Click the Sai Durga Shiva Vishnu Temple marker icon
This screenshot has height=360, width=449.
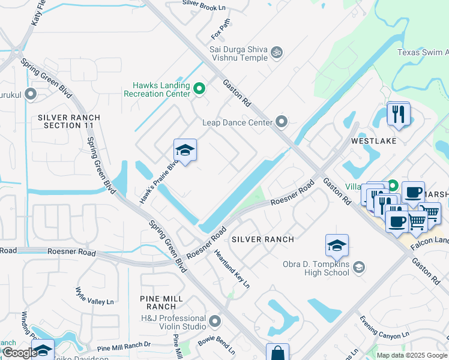click(277, 53)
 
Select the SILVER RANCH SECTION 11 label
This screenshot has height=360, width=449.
click(69, 121)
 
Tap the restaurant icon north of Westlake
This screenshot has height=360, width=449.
click(399, 113)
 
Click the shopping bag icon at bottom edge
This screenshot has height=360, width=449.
click(277, 353)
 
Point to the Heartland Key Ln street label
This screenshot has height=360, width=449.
click(232, 269)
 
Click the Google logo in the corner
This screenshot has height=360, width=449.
click(19, 353)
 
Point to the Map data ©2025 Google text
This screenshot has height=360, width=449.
click(412, 355)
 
